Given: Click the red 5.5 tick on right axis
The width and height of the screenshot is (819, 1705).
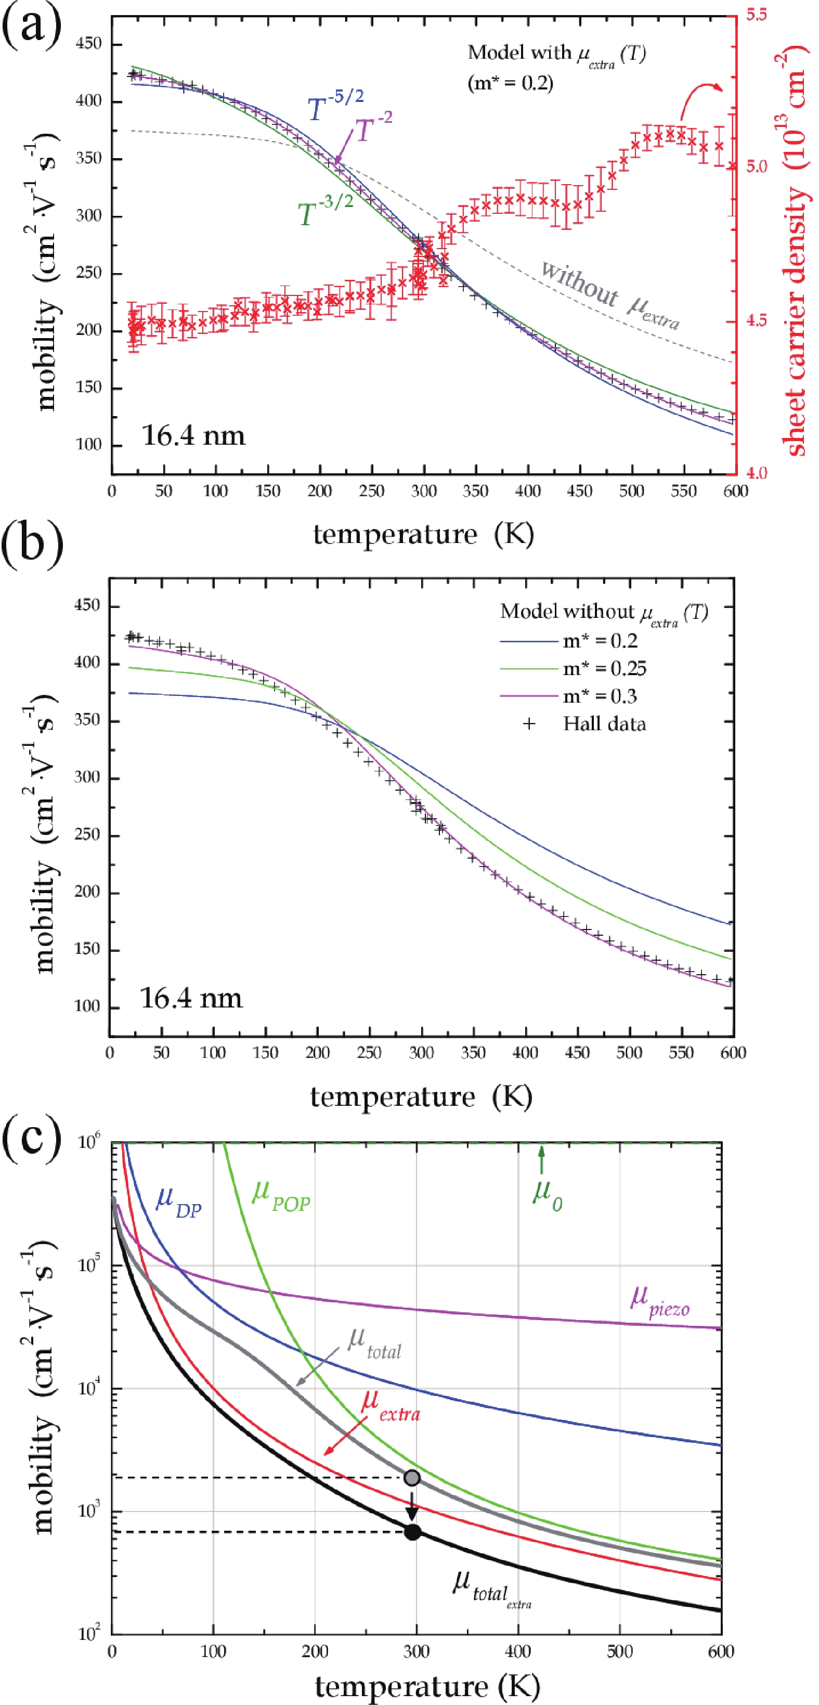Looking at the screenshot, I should click(757, 15).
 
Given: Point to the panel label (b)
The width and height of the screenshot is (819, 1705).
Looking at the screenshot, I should click(32, 546).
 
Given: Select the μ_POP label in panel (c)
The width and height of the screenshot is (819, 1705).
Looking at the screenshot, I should click(280, 1195).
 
